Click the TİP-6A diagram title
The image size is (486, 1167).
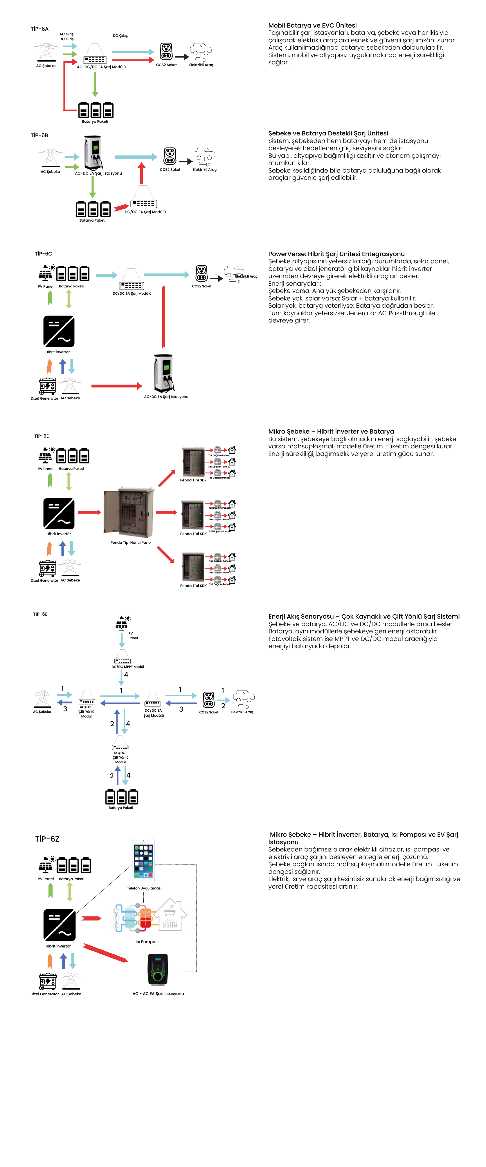[39, 29]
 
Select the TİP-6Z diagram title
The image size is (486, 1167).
[47, 839]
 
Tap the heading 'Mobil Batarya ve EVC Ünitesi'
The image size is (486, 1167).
[312, 25]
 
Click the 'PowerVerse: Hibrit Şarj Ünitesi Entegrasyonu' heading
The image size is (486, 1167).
[336, 254]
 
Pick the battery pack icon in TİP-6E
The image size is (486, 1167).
[121, 797]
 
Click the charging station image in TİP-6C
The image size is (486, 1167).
[164, 373]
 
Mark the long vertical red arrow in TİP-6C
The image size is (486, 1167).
[164, 317]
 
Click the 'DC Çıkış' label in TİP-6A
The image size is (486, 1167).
[120, 36]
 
